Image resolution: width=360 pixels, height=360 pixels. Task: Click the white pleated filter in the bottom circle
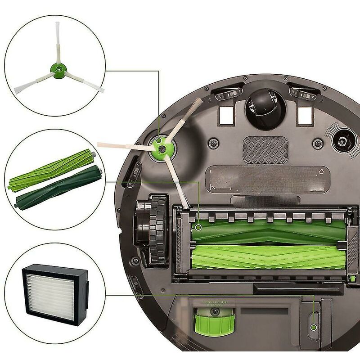pyautogui.click(x=49, y=295)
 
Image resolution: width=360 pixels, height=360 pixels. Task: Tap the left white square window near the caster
pyautogui.click(x=226, y=116)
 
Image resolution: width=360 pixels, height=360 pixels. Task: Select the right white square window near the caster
pyautogui.click(x=305, y=116)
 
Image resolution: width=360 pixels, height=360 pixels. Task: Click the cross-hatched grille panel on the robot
pyautogui.click(x=265, y=150)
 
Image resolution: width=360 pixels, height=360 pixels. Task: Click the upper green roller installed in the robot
pyautogui.click(x=270, y=230)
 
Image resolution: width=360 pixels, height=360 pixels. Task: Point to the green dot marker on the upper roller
pyautogui.click(x=198, y=229)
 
